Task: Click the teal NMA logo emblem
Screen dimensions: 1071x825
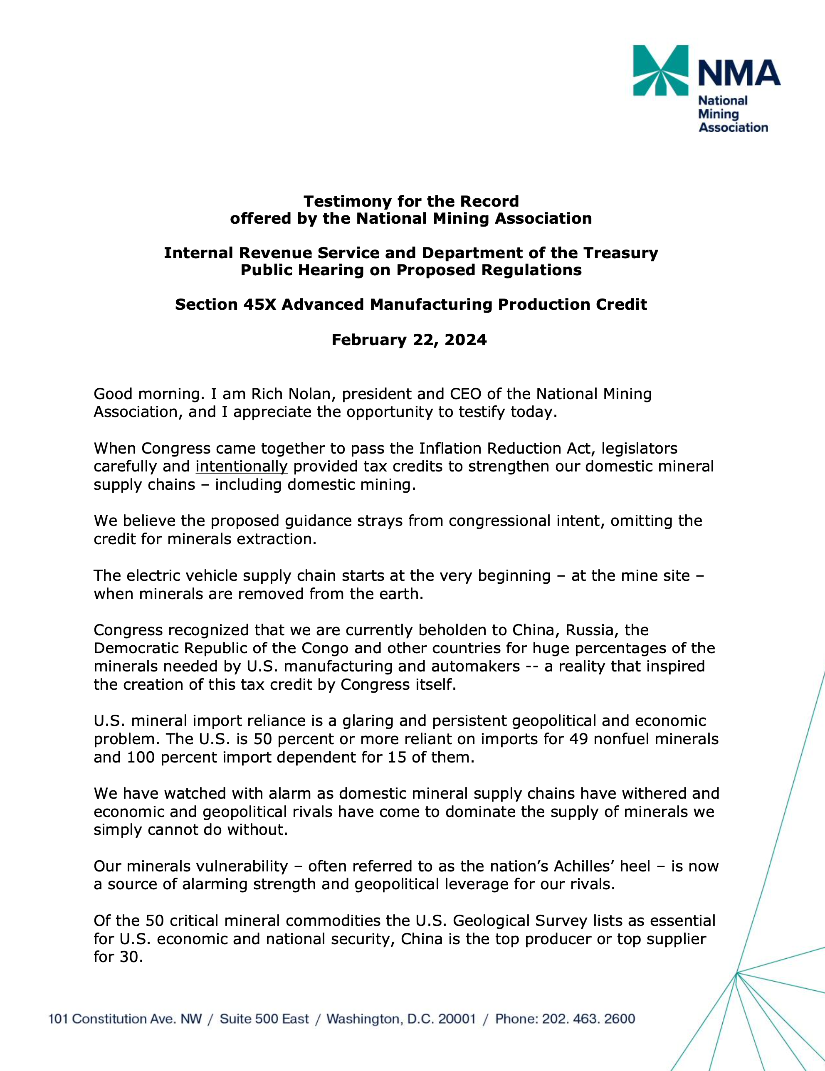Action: (x=660, y=70)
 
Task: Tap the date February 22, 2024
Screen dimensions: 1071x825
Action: (x=409, y=340)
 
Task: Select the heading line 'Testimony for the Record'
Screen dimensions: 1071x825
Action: (x=411, y=201)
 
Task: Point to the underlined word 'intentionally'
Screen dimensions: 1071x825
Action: (x=241, y=466)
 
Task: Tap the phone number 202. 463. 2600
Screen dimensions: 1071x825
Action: (x=588, y=1019)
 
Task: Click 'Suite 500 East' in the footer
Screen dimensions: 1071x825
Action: (x=264, y=1019)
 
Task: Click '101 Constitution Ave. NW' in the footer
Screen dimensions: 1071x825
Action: (x=125, y=1019)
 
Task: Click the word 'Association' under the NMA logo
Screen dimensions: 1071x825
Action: (x=733, y=128)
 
